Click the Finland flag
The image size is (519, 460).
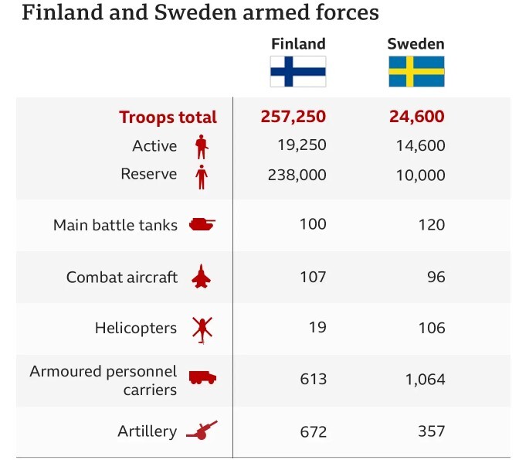(297, 71)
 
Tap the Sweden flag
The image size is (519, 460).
(416, 71)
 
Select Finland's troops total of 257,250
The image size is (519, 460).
(293, 117)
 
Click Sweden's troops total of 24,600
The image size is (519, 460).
(417, 117)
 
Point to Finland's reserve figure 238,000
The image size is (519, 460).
(296, 175)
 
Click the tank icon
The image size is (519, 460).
(202, 225)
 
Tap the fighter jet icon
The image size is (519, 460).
(202, 277)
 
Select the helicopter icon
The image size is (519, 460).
(202, 329)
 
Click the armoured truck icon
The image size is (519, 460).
(202, 378)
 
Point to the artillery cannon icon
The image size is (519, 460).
(202, 431)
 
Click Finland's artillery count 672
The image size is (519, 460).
(313, 431)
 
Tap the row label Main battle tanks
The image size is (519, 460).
(115, 225)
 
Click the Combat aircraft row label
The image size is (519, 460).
(122, 277)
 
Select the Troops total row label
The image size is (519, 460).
(168, 118)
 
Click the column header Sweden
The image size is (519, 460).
(416, 43)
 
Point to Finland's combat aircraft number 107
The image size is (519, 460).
(313, 277)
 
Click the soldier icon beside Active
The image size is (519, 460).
(202, 146)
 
